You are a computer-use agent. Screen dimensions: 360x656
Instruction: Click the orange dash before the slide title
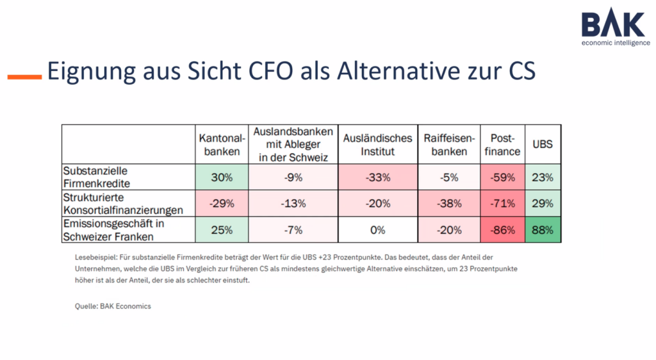[24, 77]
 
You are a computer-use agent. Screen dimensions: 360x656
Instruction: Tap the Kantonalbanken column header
[222, 145]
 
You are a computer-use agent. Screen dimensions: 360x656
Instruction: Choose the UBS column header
[542, 145]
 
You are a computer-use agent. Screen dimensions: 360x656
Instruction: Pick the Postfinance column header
[503, 145]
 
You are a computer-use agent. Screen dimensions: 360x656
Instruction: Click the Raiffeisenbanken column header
[448, 145]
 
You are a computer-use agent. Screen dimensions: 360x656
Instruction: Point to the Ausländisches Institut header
[377, 145]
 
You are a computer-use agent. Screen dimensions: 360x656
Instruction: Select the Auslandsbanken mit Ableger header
[293, 144]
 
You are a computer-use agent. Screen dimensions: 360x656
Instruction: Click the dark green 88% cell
[542, 230]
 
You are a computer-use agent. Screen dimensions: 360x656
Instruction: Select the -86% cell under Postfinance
[503, 230]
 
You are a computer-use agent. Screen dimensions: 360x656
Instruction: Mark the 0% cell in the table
[377, 230]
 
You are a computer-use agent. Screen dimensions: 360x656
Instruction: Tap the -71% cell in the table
[503, 204]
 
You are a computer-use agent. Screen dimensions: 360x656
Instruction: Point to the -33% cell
[377, 177]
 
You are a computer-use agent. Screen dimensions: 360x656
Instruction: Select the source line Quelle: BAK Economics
[113, 306]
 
